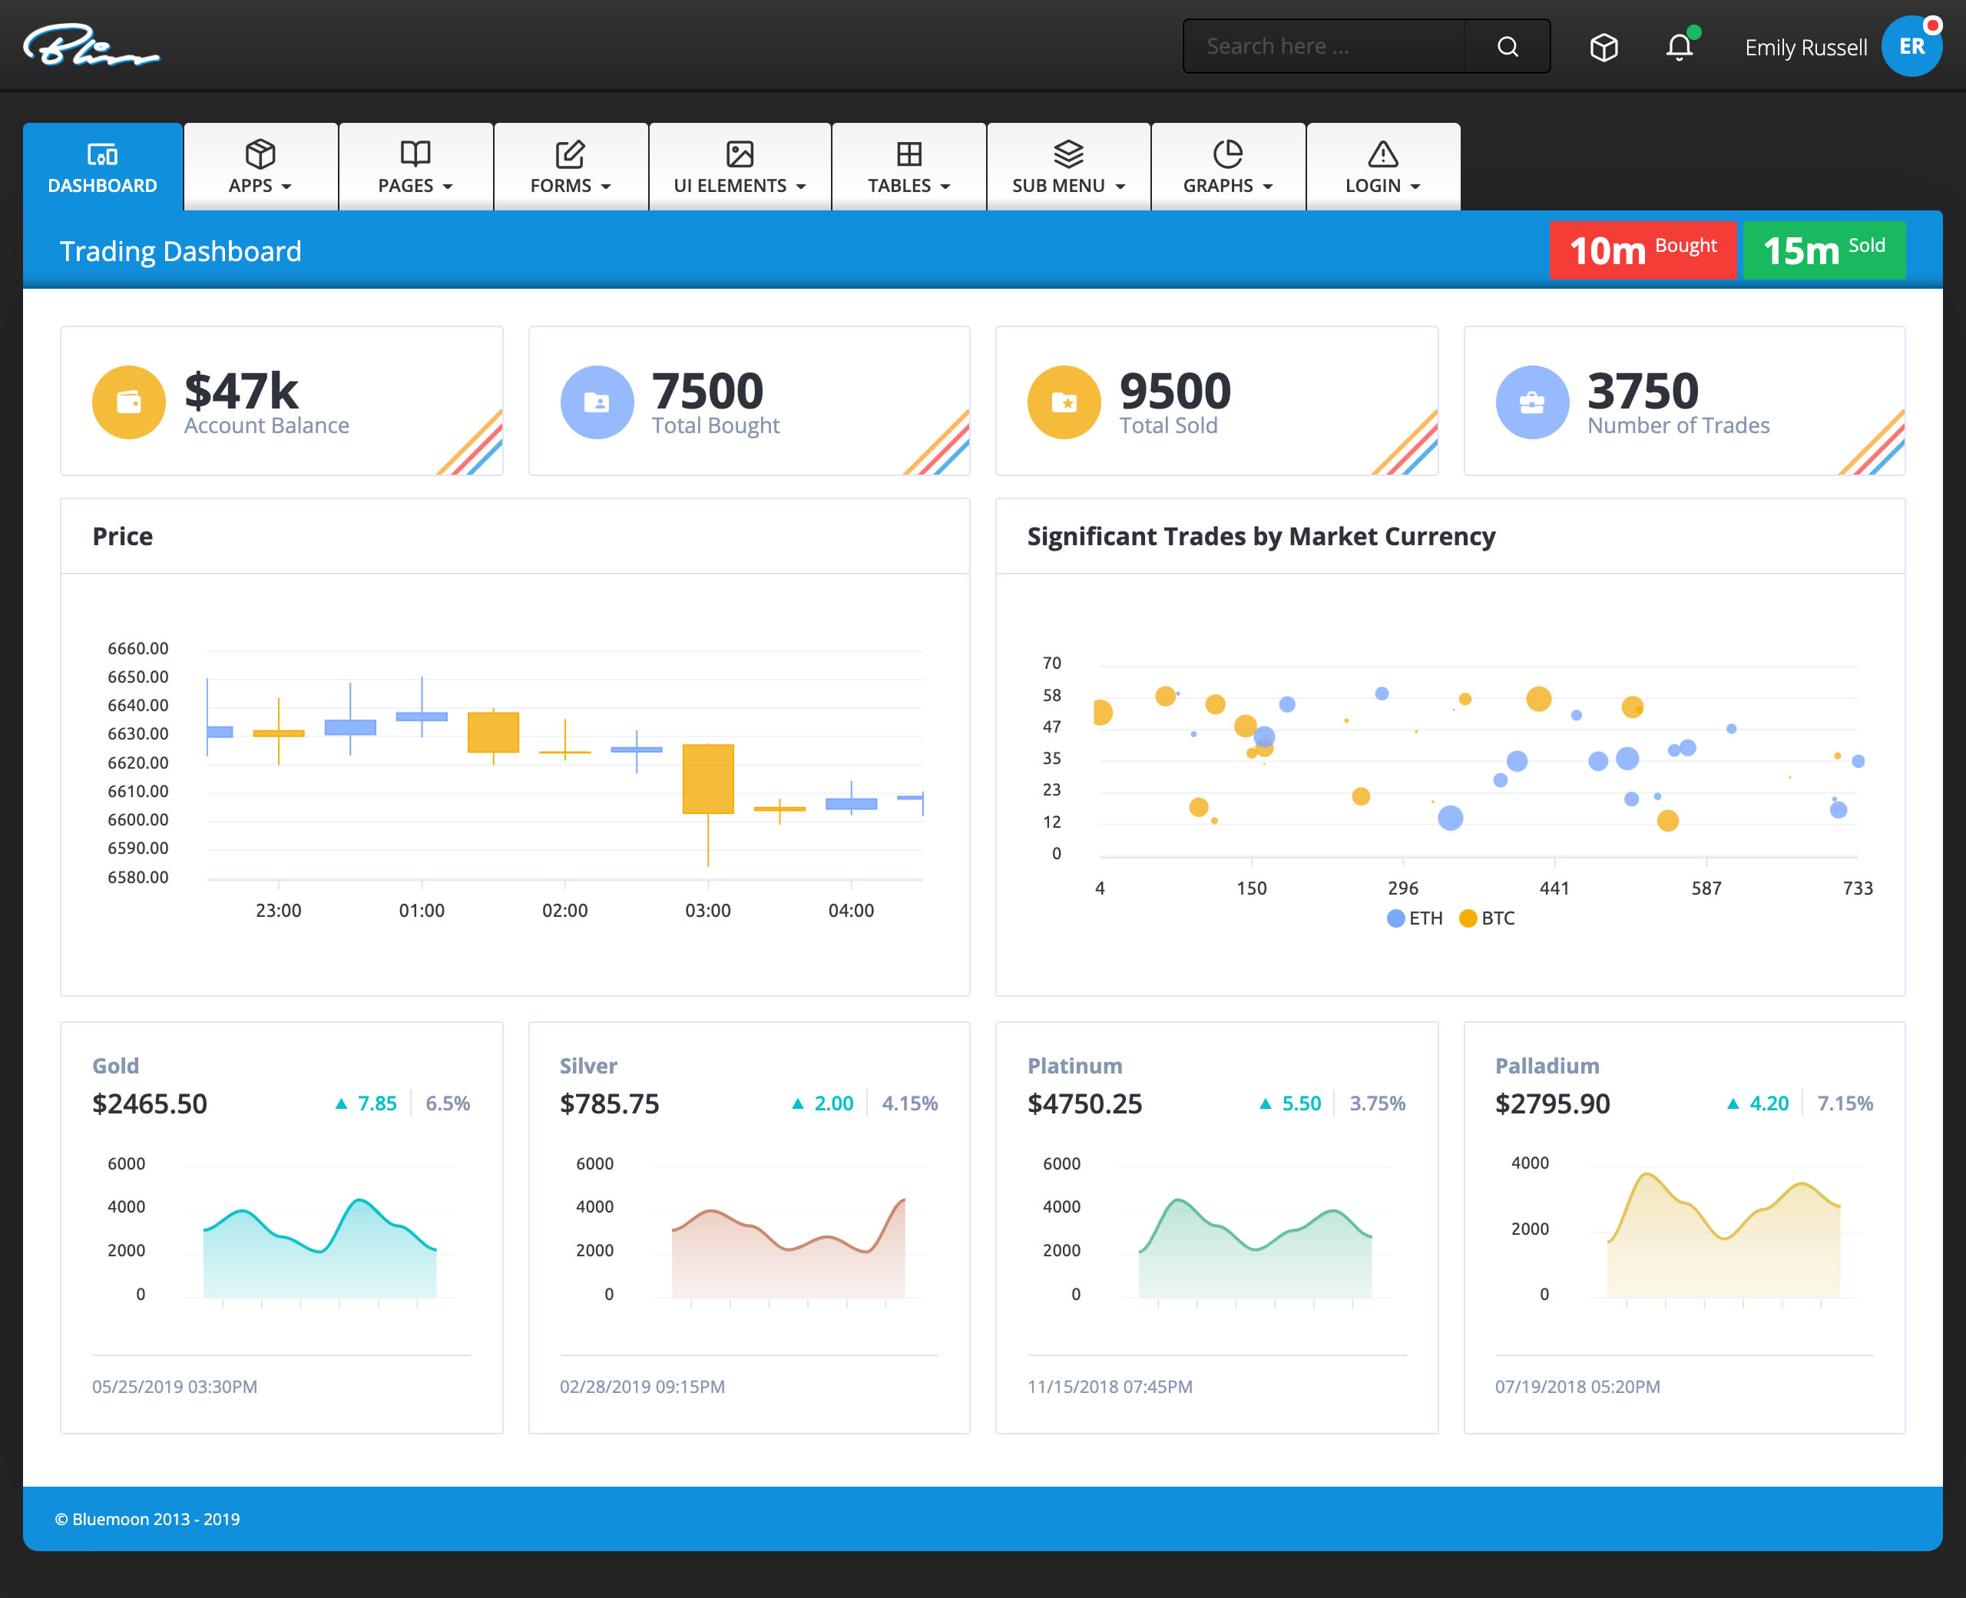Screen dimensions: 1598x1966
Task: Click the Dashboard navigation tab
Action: click(102, 167)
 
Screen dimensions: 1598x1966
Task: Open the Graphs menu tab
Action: click(1228, 167)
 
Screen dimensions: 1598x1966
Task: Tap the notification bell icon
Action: click(1679, 47)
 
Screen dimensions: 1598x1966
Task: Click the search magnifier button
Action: click(1507, 47)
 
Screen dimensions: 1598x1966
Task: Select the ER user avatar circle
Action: click(1911, 47)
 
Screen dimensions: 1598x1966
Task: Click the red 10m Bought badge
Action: click(1642, 250)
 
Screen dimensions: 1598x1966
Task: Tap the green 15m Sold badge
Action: click(1822, 250)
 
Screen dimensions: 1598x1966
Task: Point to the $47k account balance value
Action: click(241, 391)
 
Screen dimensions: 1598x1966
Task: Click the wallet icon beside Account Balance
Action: click(129, 402)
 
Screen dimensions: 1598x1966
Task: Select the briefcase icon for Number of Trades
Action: click(1531, 402)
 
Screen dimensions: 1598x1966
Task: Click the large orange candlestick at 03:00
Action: click(708, 779)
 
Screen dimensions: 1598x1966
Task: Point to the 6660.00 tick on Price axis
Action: click(138, 648)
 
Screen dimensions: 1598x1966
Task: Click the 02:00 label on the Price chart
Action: click(564, 911)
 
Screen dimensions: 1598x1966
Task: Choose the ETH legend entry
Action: click(1415, 918)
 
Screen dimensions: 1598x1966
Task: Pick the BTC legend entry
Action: click(1488, 918)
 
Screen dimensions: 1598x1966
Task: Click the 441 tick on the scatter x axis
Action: click(1554, 888)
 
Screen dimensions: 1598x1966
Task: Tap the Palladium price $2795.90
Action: click(1552, 1103)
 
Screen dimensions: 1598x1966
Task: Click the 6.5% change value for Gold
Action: click(447, 1103)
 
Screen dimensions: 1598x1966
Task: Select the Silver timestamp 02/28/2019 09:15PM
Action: click(641, 1386)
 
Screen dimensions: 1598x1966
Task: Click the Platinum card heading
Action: click(1074, 1065)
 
